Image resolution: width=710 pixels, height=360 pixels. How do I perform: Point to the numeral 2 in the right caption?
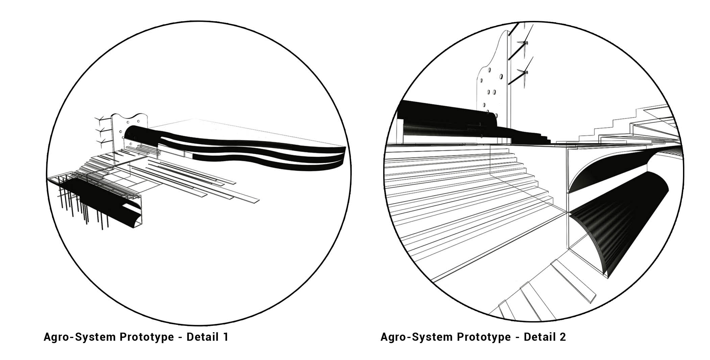point(562,337)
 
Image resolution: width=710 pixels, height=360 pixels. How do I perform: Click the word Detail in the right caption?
point(539,337)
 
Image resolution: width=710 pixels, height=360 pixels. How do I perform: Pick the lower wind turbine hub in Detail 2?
point(524,72)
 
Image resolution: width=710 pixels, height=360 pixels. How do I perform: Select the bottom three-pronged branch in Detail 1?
point(101,142)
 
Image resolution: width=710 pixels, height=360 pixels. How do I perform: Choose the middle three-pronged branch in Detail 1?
point(101,130)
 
